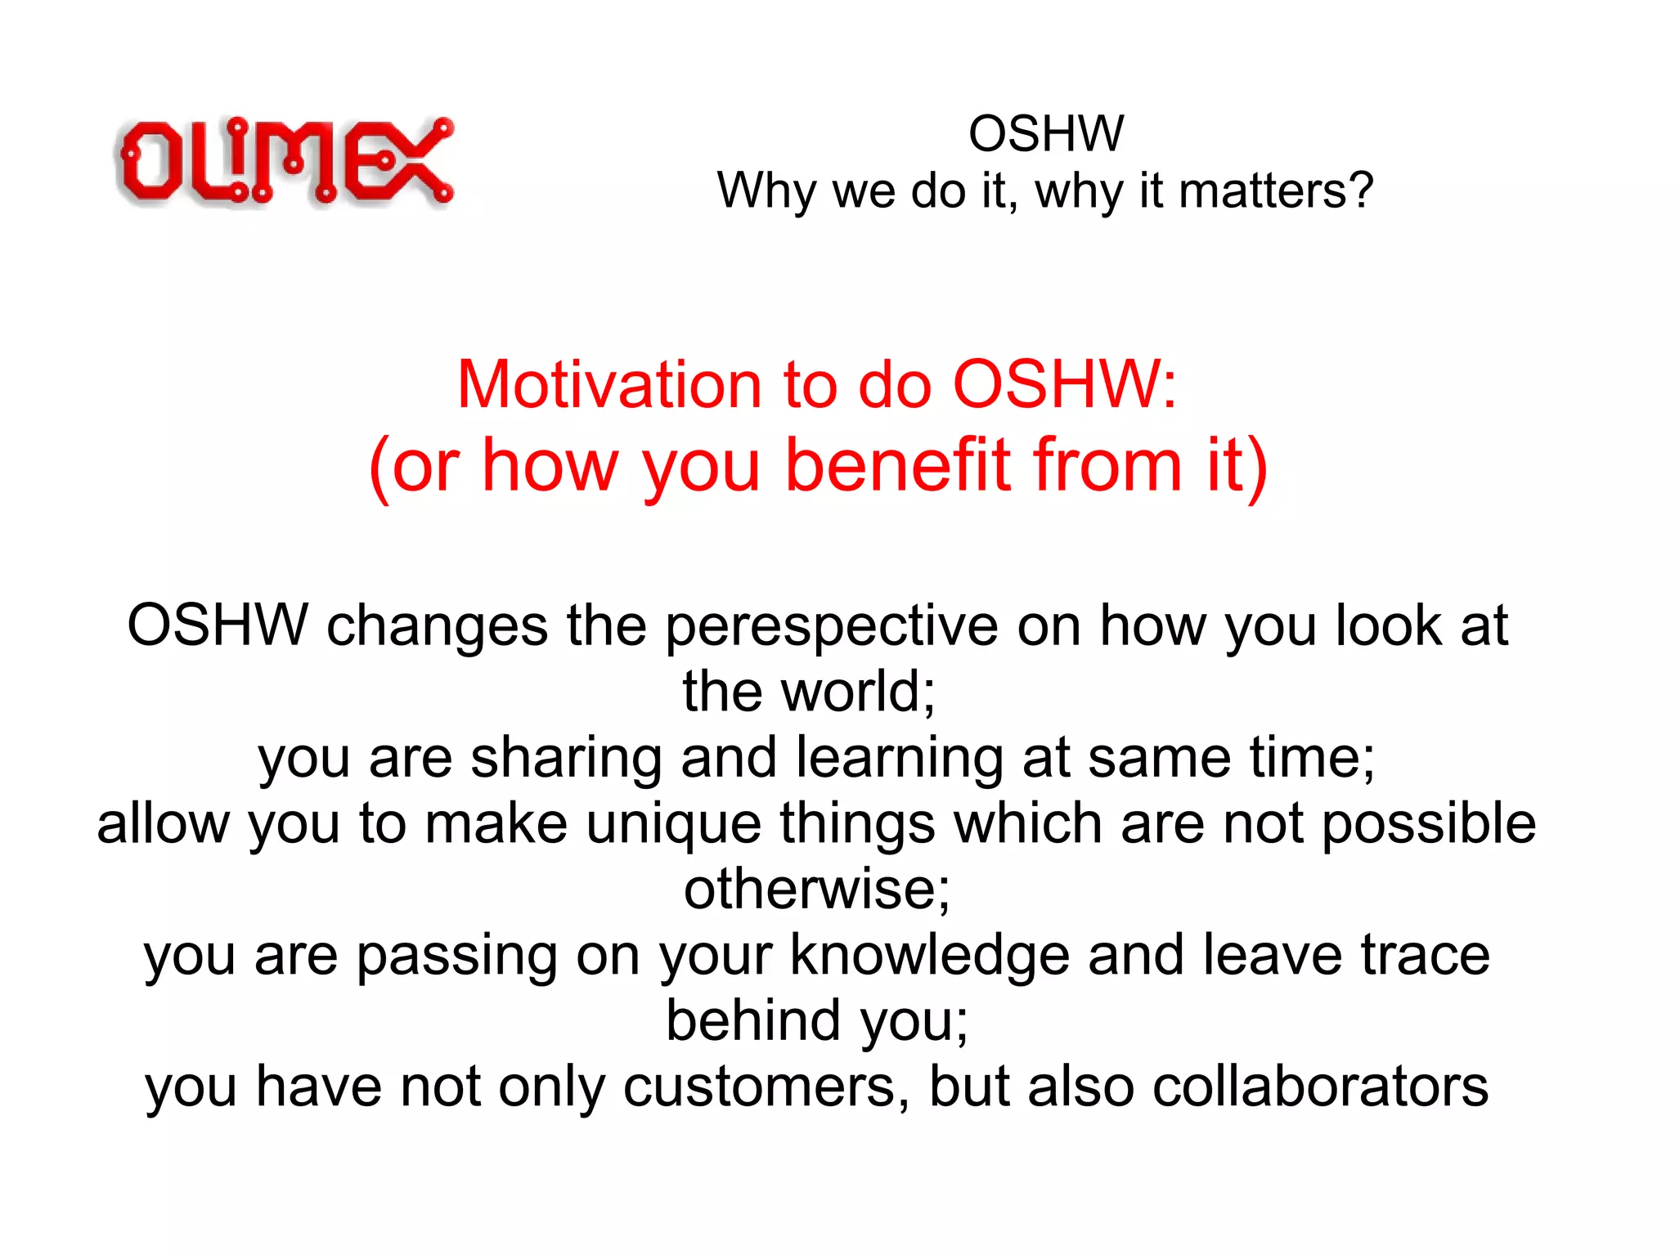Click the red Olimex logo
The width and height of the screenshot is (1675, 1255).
[x=285, y=160]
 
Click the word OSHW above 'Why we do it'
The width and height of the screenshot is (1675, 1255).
[x=1046, y=133]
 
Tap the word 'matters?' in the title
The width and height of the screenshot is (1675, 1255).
[x=1276, y=191]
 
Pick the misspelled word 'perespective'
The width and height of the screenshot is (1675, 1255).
[x=832, y=626]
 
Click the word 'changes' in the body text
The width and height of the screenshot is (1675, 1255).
[x=437, y=626]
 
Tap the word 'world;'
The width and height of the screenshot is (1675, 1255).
[x=858, y=692]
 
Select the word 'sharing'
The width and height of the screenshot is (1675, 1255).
[x=566, y=758]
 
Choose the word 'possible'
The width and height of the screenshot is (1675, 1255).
[x=1428, y=823]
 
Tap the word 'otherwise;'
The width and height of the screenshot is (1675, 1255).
[x=816, y=889]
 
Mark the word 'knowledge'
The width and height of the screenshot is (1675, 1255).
[x=929, y=955]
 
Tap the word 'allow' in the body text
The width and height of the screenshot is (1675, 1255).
[x=164, y=823]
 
